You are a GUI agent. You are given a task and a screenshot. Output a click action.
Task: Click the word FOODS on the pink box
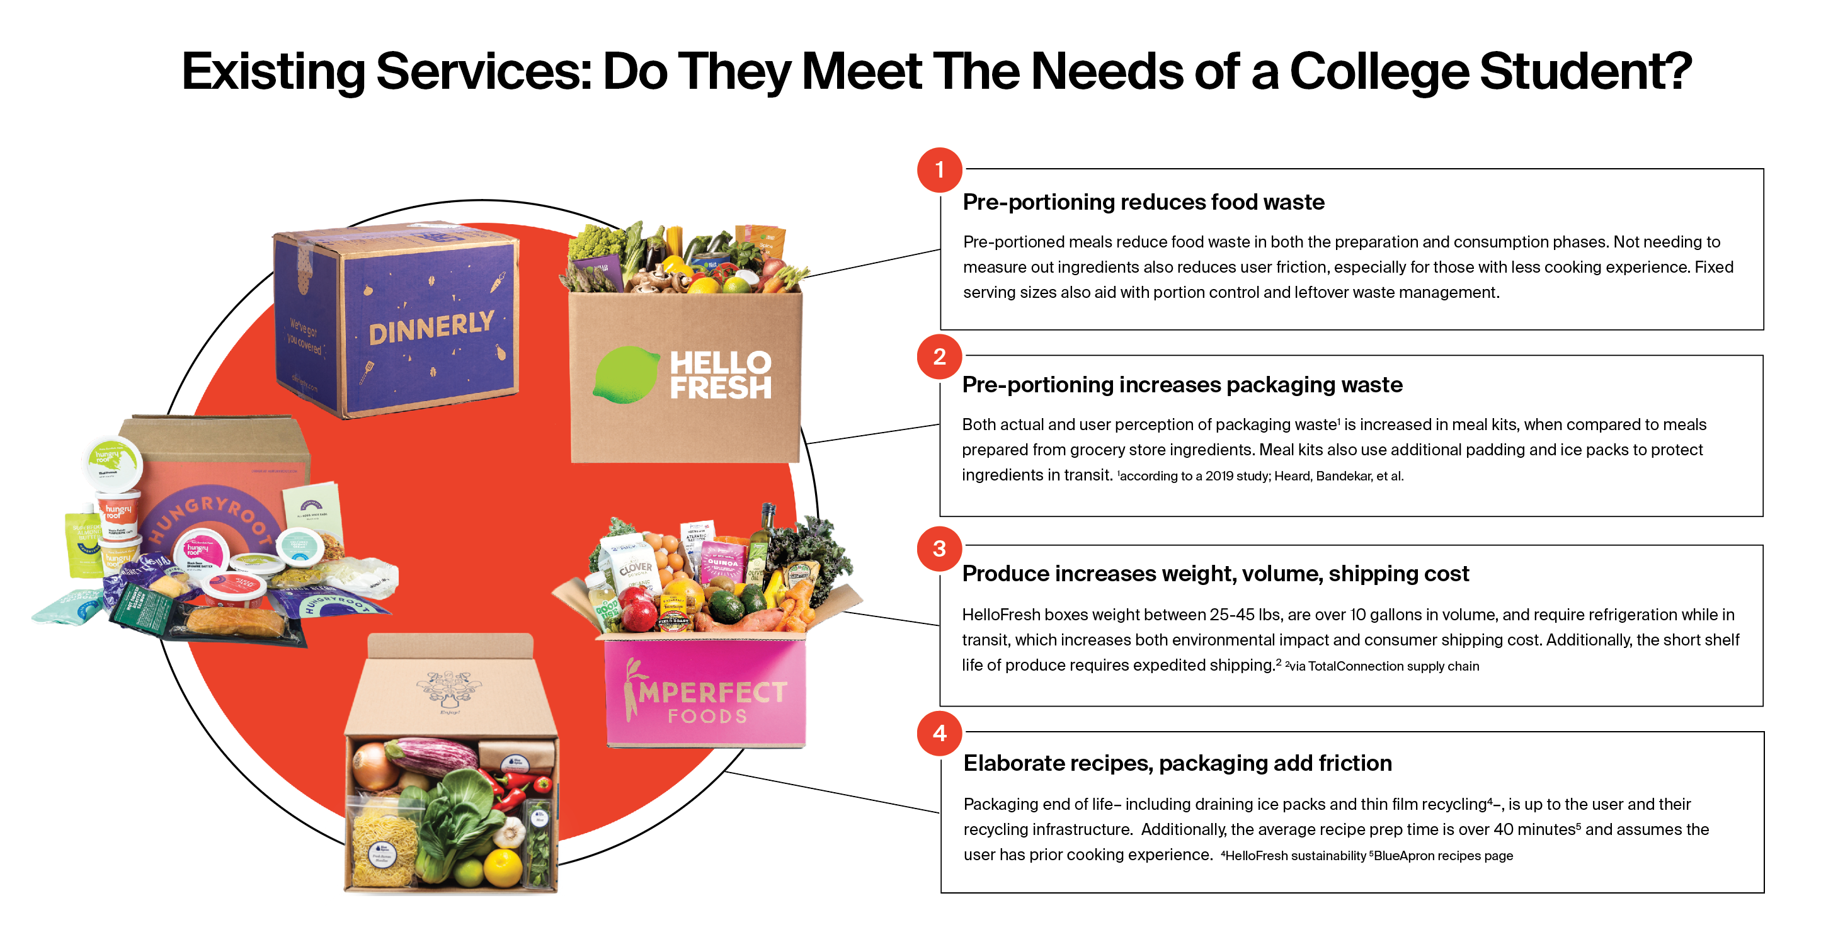pos(707,717)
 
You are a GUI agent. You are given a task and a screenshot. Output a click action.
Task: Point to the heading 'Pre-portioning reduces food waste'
pos(1143,202)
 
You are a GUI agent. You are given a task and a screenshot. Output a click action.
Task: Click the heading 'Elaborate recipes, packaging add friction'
pos(1177,763)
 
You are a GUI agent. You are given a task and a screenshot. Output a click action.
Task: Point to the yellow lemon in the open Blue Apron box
pos(503,866)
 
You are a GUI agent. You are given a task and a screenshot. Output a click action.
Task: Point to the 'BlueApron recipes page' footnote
pos(1442,856)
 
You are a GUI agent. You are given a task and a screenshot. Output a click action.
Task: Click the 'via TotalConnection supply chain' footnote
pos(1384,666)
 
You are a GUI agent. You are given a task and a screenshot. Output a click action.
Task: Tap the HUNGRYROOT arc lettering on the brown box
pos(212,509)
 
